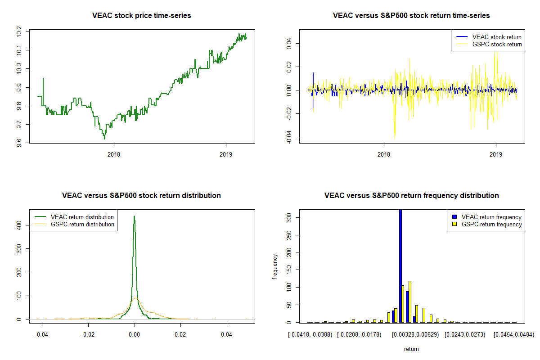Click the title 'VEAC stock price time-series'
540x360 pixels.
[x=141, y=16]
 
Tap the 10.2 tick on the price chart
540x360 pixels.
[x=19, y=31]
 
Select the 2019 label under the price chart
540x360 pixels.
[x=225, y=154]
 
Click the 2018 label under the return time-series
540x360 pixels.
[x=384, y=154]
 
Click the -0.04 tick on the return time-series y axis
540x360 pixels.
[x=289, y=137]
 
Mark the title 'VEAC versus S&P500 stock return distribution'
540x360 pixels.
[x=141, y=196]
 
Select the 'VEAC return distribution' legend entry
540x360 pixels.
[x=82, y=217]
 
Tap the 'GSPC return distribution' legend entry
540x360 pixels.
[x=82, y=224]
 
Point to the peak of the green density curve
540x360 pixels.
[x=134, y=216]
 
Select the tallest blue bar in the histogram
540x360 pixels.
[x=400, y=265]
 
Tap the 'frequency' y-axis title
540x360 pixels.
[x=276, y=266]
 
